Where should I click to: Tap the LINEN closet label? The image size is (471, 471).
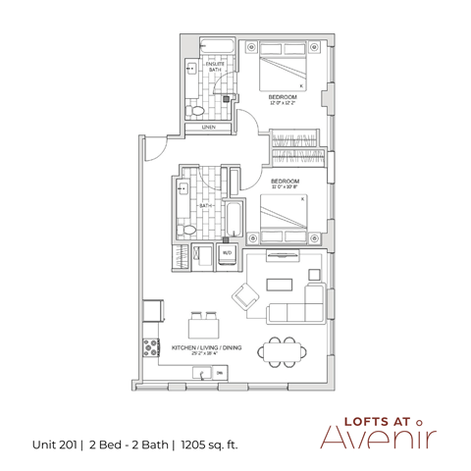(208, 128)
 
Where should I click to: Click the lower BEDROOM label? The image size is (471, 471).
(285, 183)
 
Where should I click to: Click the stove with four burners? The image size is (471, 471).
(151, 345)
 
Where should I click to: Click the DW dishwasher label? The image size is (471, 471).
(220, 374)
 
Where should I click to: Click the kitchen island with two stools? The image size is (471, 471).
(203, 327)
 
